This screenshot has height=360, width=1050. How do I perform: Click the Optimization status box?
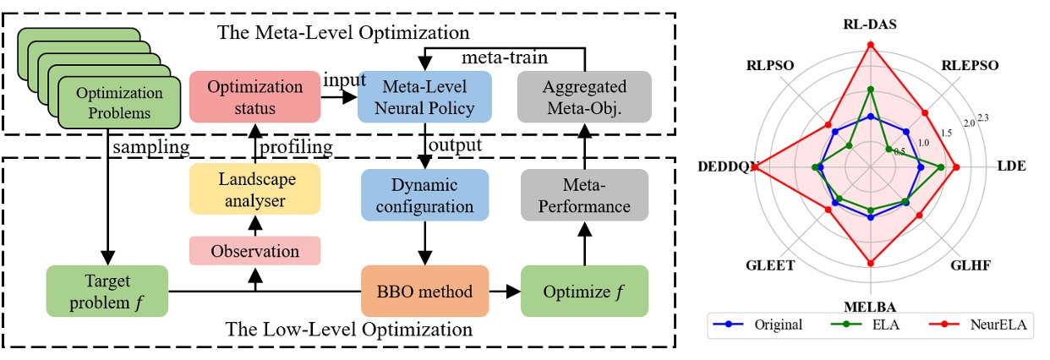[x=254, y=97]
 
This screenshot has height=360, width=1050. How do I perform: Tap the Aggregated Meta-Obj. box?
[x=585, y=97]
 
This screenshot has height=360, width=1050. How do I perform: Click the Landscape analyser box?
[x=254, y=191]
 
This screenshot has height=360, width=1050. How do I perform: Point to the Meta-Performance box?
[x=585, y=195]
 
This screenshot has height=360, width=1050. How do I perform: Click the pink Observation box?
[x=254, y=251]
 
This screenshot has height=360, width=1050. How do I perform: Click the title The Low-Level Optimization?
[x=348, y=330]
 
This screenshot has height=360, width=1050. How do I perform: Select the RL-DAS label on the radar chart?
[x=870, y=25]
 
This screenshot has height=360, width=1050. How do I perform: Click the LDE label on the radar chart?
[x=1011, y=166]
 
